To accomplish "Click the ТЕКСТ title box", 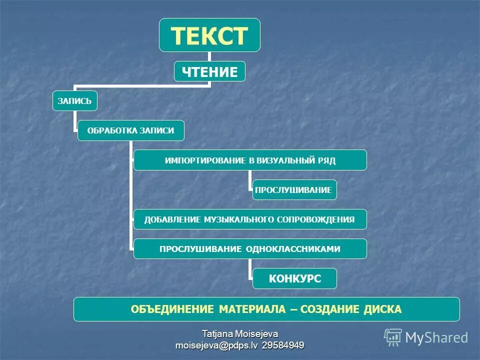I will (x=209, y=35).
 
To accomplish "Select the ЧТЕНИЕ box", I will (x=209, y=72).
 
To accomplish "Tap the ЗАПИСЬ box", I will (x=74, y=101).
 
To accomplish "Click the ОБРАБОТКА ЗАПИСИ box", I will (x=130, y=130).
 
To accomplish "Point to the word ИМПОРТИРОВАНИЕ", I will (x=204, y=160).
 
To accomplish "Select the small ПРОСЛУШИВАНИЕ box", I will (x=294, y=190).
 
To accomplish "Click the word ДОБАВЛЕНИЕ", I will (x=172, y=219).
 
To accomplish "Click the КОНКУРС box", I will (x=294, y=278).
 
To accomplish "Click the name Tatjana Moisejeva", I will (x=239, y=334).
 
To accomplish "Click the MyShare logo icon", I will (x=393, y=337).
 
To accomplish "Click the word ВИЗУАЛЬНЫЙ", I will (x=286, y=160).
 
